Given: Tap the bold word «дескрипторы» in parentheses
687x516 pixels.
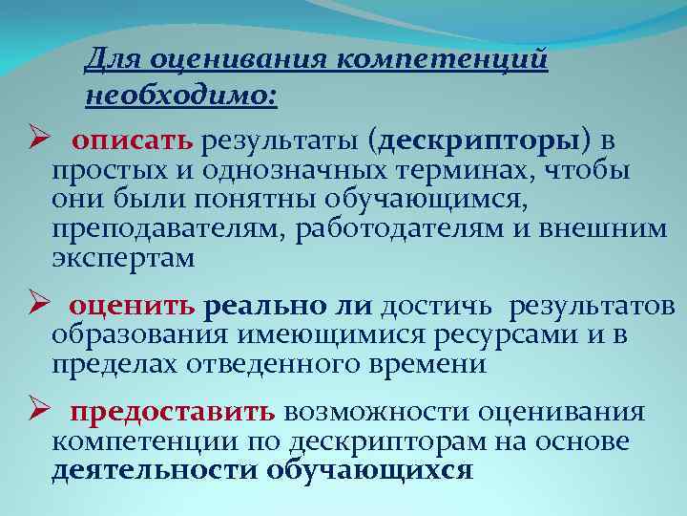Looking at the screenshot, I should click(x=479, y=141).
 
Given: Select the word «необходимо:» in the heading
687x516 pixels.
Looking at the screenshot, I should click(x=181, y=96).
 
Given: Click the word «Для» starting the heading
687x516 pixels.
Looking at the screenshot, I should click(x=107, y=60).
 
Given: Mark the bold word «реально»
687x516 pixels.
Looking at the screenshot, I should click(x=266, y=306).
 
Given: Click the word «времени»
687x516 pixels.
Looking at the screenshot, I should click(x=433, y=364).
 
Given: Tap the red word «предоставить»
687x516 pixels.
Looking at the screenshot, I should click(x=173, y=412).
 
